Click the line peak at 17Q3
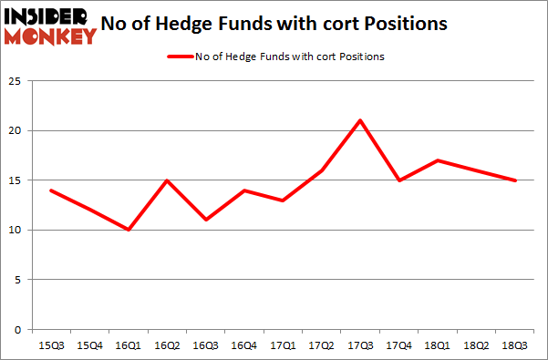(x=360, y=120)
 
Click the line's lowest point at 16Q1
(x=128, y=230)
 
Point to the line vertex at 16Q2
(x=167, y=180)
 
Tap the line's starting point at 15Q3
(x=50, y=190)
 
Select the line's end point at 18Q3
(x=516, y=180)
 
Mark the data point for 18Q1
(x=439, y=160)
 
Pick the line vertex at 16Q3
(x=205, y=220)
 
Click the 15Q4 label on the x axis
(x=89, y=345)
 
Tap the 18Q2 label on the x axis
(x=477, y=345)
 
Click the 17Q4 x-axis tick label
(x=399, y=345)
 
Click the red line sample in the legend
(x=178, y=57)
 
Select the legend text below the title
(x=290, y=57)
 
